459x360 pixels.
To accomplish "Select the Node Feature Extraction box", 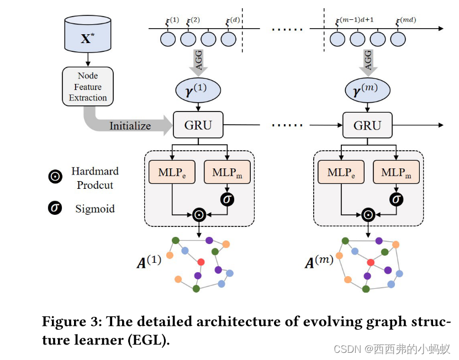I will (88, 87).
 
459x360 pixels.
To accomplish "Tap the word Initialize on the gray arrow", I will (130, 126).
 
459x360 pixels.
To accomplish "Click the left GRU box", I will (198, 125).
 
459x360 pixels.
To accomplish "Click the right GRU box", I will (367, 125).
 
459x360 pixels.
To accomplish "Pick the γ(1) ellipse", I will (198, 89).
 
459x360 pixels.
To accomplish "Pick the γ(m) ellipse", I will (367, 89).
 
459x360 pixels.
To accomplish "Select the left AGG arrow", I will (198, 61).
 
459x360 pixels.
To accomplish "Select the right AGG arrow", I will (367, 61).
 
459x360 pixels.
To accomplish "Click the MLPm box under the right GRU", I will (396, 172).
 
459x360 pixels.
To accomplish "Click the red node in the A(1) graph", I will (201, 261).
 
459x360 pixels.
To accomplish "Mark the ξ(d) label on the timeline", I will (232, 22).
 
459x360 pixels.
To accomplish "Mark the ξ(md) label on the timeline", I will (405, 22).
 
